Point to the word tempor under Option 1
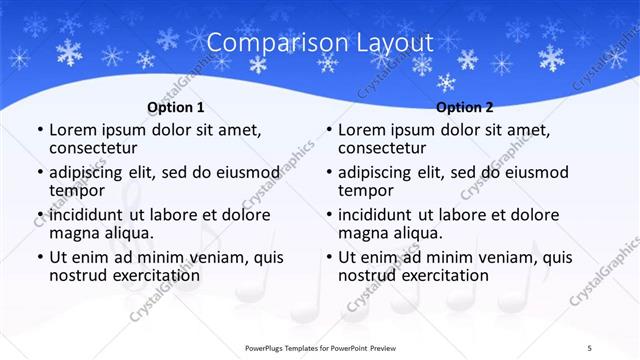coord(77,191)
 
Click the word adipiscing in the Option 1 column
coord(92,172)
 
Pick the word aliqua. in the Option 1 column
coord(126,234)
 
